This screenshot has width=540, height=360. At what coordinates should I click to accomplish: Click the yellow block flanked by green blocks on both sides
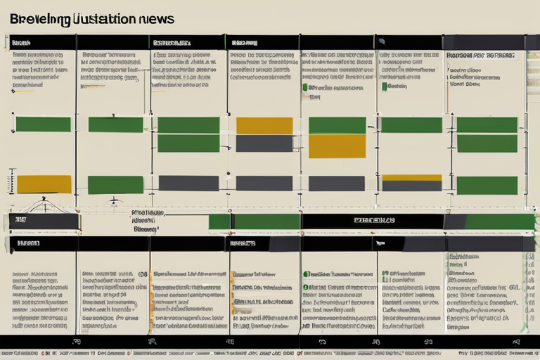pyautogui.click(x=264, y=126)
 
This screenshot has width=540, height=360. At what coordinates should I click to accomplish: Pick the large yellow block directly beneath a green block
pyautogui.click(x=337, y=146)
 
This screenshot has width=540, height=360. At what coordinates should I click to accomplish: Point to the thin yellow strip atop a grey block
pyautogui.click(x=411, y=178)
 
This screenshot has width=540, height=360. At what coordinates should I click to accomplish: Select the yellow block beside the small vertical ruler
pyautogui.click(x=44, y=184)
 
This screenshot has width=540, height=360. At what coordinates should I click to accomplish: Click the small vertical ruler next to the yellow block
pyautogui.click(x=11, y=181)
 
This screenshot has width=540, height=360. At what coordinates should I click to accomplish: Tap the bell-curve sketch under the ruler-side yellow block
pyautogui.click(x=44, y=206)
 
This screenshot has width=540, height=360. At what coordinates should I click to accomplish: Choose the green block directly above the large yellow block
pyautogui.click(x=337, y=125)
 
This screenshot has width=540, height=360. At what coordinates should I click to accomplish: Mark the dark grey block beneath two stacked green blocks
pyautogui.click(x=188, y=183)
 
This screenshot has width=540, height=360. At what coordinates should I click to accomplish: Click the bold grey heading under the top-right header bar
pyautogui.click(x=480, y=55)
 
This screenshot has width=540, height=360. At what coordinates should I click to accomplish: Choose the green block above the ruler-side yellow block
pyautogui.click(x=43, y=124)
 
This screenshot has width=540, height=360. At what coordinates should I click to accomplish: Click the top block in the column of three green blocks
pyautogui.click(x=487, y=125)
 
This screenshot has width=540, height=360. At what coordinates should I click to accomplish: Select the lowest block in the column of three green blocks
pyautogui.click(x=487, y=186)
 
